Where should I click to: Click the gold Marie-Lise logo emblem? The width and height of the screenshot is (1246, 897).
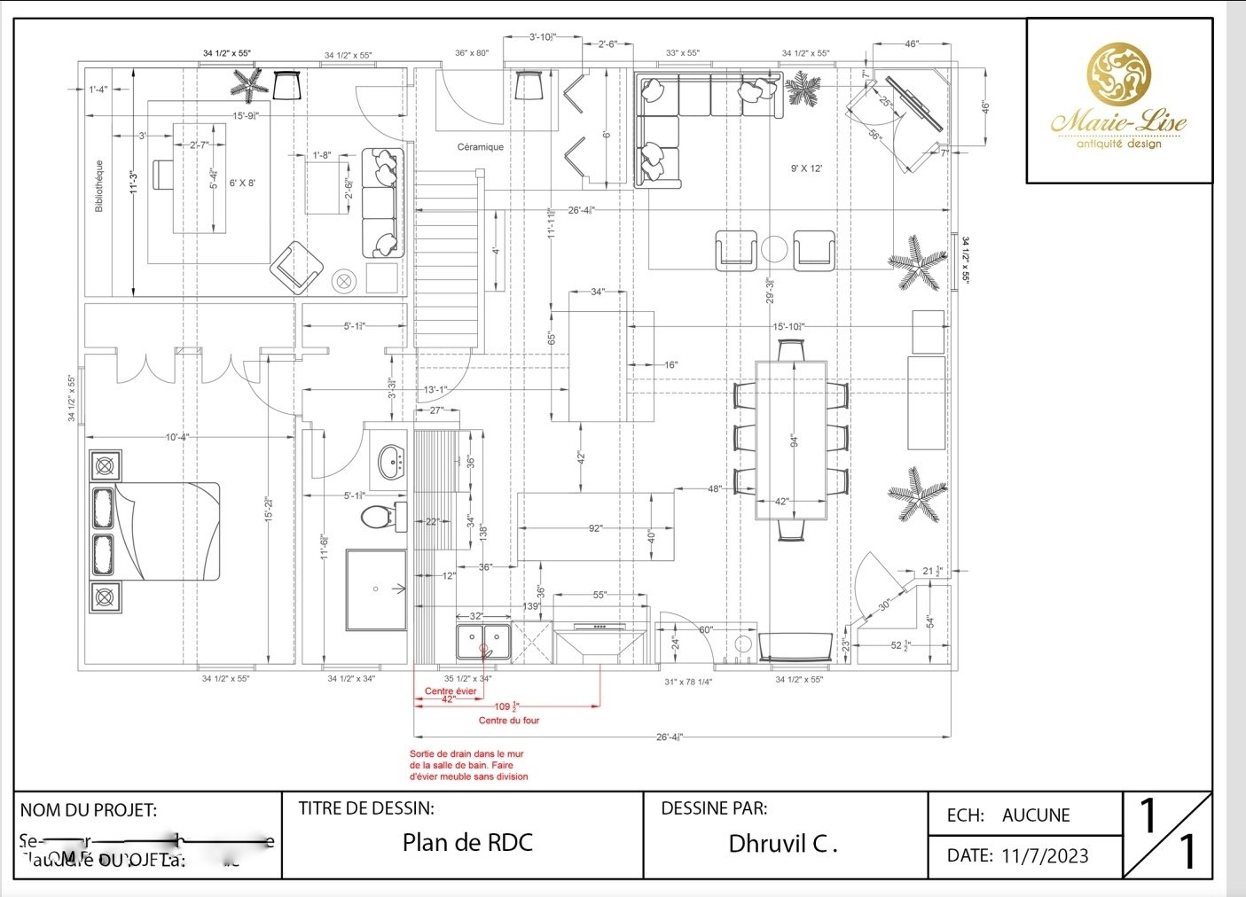[x=1119, y=74]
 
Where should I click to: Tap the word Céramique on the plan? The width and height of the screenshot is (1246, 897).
[x=481, y=147]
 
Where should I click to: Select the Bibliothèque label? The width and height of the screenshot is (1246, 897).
[x=99, y=185]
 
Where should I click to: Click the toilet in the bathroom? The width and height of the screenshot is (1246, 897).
[x=382, y=515]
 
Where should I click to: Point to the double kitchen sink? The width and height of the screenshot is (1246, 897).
[x=484, y=642]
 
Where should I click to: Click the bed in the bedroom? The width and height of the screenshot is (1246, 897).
[x=155, y=531]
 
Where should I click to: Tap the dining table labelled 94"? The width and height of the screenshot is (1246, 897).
[x=791, y=440]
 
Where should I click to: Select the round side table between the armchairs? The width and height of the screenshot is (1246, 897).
[x=774, y=249]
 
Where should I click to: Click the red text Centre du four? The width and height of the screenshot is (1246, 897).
[x=509, y=721]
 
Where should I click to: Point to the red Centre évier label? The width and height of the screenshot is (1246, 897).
[x=451, y=691]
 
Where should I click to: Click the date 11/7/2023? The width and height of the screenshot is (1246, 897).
[x=1045, y=856]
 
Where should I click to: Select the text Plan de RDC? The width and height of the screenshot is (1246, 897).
[x=467, y=842]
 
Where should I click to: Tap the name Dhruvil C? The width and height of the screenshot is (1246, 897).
[x=782, y=844]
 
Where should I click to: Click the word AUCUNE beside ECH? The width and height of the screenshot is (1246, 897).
[x=1036, y=815]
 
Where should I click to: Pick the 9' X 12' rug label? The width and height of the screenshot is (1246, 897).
[x=806, y=168]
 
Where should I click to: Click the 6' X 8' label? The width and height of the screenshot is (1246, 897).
[x=242, y=183]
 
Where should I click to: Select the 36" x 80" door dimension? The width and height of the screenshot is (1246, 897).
[x=472, y=53]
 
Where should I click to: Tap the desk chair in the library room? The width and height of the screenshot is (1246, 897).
[x=163, y=175]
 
